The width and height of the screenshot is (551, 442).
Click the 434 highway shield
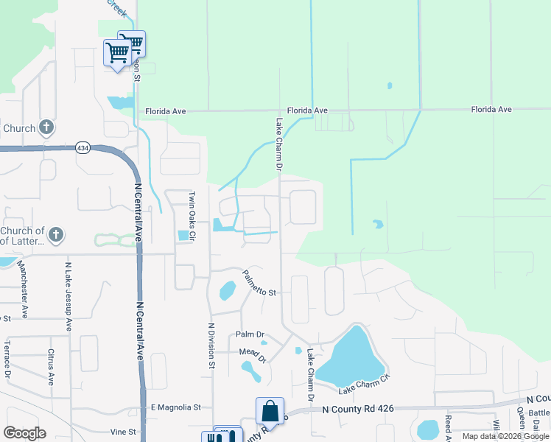[82, 148]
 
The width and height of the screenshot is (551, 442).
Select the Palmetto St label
[259, 286]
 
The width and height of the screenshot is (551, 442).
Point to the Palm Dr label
[250, 334]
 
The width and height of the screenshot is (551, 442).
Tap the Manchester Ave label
[23, 290]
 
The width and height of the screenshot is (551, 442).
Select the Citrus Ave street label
[52, 367]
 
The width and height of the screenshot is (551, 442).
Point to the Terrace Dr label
[7, 359]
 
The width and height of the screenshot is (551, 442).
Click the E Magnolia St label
[175, 407]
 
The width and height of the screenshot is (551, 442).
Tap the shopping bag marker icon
[270, 410]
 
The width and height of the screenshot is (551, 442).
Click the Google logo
[24, 433]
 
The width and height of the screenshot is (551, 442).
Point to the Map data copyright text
[505, 436]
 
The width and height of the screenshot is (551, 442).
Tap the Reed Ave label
[447, 427]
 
